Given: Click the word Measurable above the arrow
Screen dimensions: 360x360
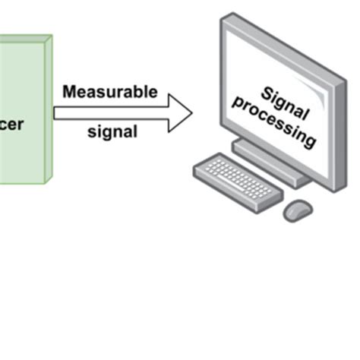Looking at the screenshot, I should pos(110,93).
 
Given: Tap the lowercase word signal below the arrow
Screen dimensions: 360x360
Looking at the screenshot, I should pos(112,131).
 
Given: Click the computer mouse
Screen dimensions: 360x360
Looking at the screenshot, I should pos(298,210).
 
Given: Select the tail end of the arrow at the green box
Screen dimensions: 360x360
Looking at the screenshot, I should pos(55,112).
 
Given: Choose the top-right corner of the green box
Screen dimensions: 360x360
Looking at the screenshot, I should pos(51,36).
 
